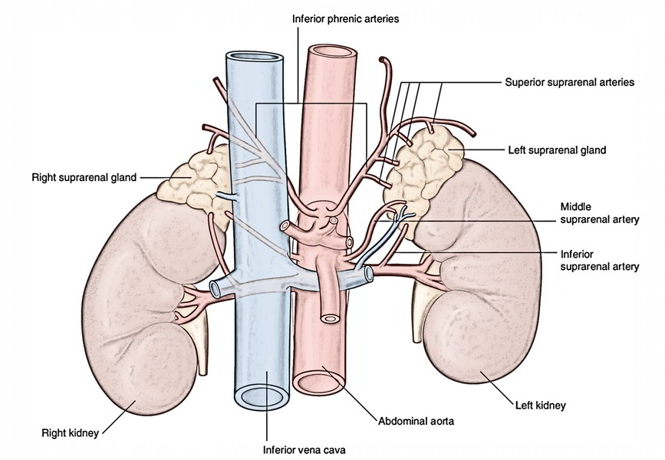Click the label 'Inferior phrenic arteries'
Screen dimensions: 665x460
point(346,18)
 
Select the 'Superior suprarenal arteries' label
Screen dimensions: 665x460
point(570,82)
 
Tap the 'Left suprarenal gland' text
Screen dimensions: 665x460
point(558,150)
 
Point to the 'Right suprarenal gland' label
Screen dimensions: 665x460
point(84,177)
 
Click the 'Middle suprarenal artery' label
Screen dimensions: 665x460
point(600,213)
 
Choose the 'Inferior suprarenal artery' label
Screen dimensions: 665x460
point(600,261)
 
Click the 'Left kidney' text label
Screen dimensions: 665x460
point(540,406)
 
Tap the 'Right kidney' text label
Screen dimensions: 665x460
point(70,433)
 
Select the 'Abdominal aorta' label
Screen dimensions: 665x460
point(416,421)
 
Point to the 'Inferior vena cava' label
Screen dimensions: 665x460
point(304,450)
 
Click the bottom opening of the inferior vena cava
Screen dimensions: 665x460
point(262,397)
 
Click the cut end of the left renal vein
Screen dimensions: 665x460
point(368,274)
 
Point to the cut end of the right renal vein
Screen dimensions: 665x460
point(215,289)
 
